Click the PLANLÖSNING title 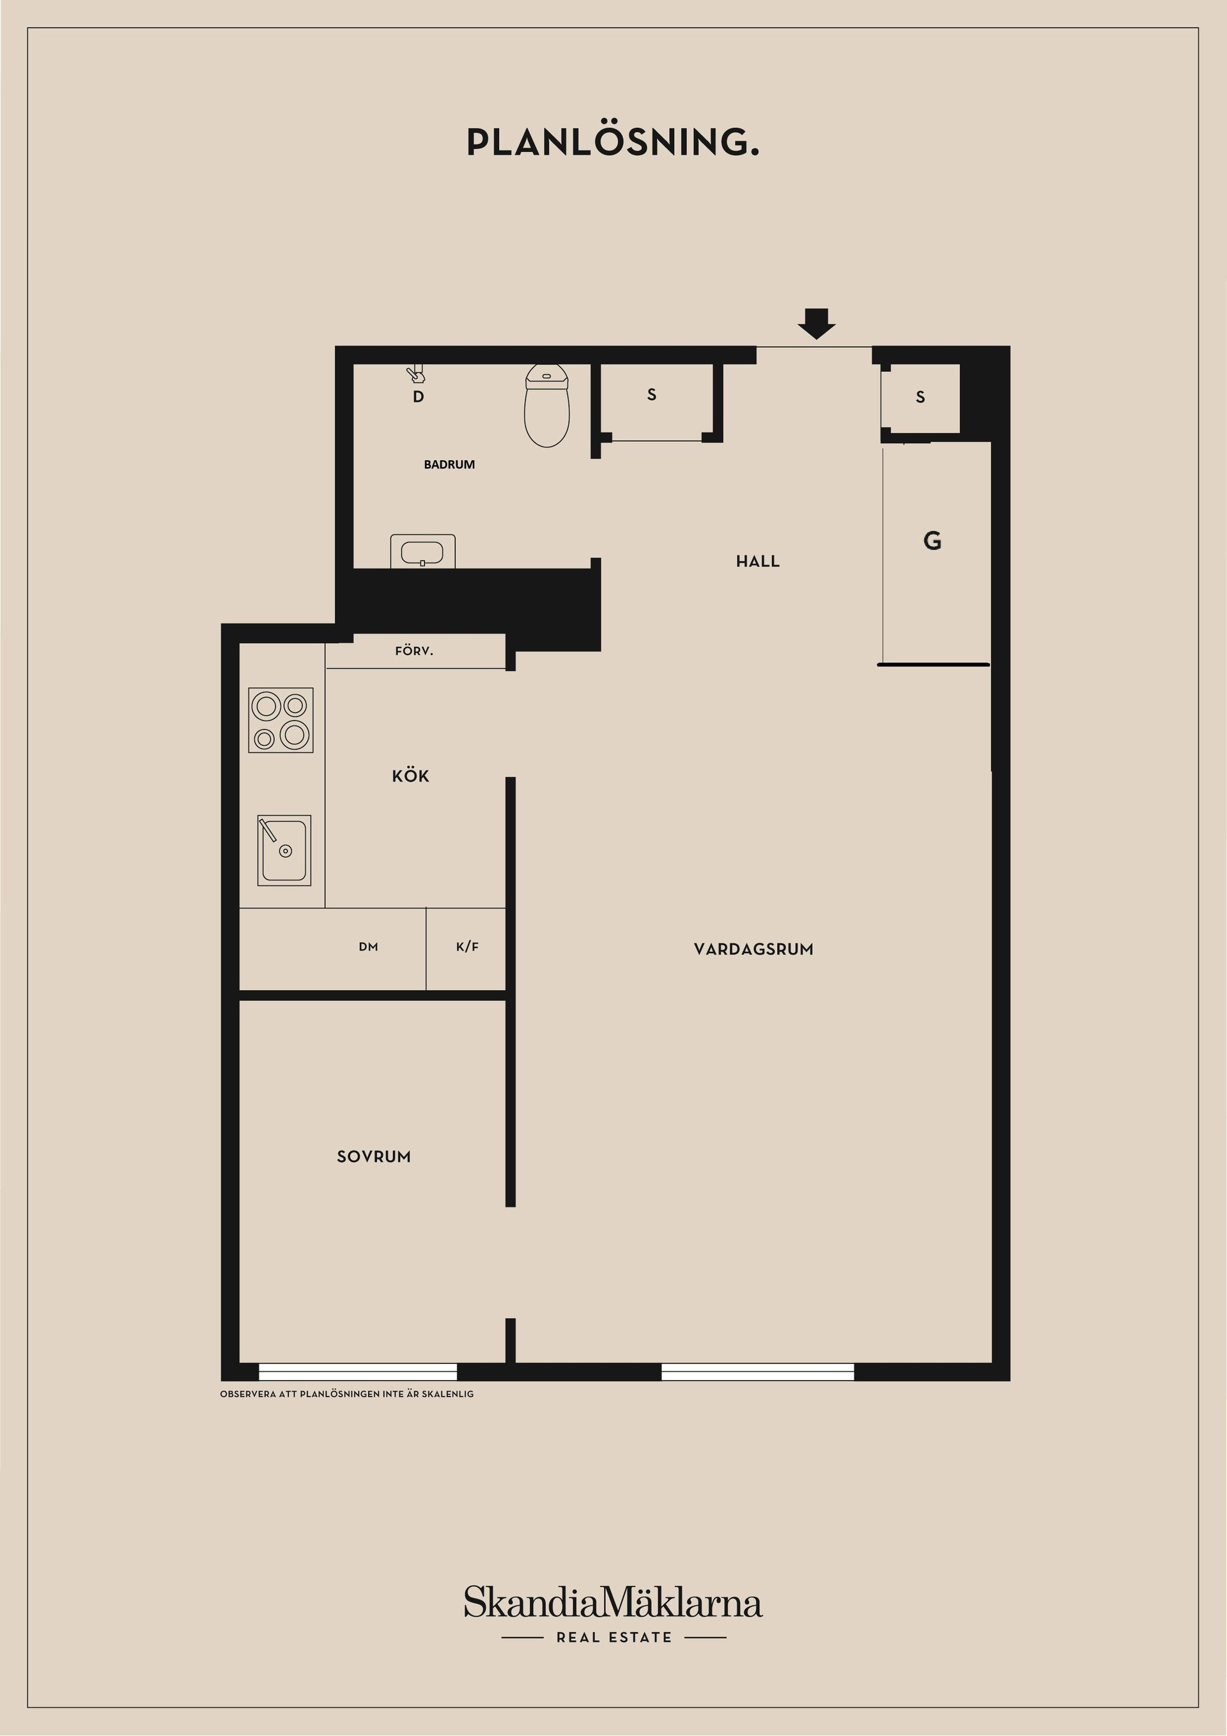pos(613,141)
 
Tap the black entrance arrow pos(817,323)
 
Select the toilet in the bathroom pos(546,405)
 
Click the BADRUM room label pos(449,464)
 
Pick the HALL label pos(757,561)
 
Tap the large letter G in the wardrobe pos(932,540)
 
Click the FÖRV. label pos(414,650)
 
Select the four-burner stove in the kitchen pos(281,720)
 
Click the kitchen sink pos(284,850)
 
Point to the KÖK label pos(410,776)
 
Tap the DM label pos(368,947)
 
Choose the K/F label pos(467,947)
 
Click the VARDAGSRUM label pos(753,949)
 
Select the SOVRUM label pos(373,1156)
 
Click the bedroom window pos(358,1372)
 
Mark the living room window pos(757,1372)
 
